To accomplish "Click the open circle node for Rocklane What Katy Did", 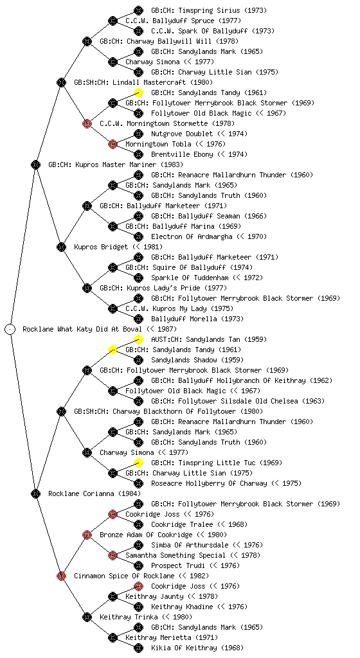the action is pyautogui.click(x=10, y=329).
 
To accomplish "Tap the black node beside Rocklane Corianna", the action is pyautogui.click(x=35, y=493).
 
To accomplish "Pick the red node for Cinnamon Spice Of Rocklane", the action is pyautogui.click(x=61, y=576).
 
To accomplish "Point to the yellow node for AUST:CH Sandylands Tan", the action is pyautogui.click(x=138, y=339).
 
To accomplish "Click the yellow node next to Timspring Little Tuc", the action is pyautogui.click(x=138, y=463).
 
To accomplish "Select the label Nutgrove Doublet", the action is pyautogui.click(x=183, y=134).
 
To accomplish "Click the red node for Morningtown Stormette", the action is pyautogui.click(x=87, y=123).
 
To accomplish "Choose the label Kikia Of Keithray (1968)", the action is pyautogui.click(x=197, y=648).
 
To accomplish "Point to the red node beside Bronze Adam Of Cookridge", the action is pyautogui.click(x=87, y=535).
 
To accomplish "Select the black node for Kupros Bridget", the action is pyautogui.click(x=61, y=247).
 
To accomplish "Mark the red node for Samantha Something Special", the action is pyautogui.click(x=113, y=555).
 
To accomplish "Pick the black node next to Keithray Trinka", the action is pyautogui.click(x=87, y=617).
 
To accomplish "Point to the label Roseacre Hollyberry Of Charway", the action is pyautogui.click(x=209, y=483).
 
